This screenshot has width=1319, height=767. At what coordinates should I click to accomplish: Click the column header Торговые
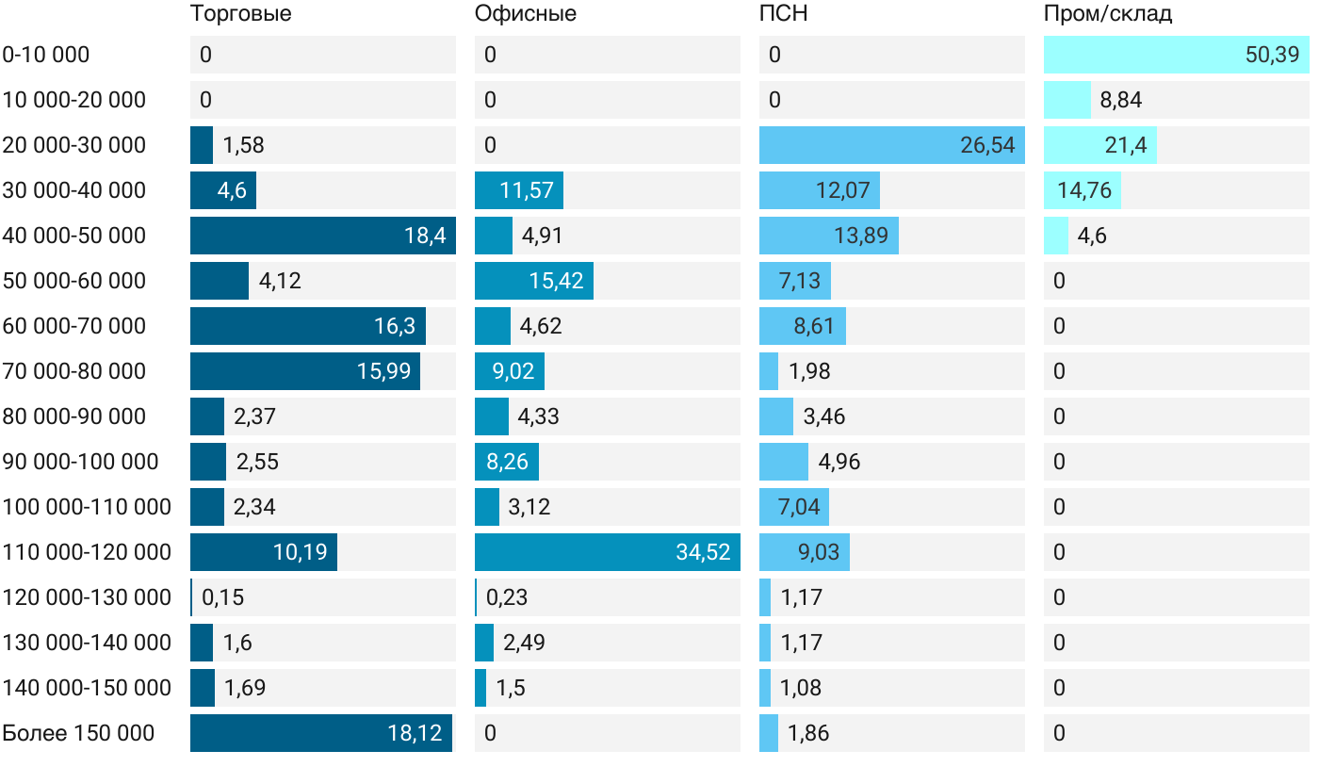(240, 14)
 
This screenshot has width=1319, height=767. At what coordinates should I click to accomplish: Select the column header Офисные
(526, 14)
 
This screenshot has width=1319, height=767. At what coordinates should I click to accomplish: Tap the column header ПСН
(784, 14)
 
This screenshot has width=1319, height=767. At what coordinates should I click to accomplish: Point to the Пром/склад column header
(1108, 14)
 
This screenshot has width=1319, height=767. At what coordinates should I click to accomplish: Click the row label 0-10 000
(46, 55)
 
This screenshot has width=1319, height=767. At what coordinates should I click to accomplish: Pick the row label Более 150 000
(78, 733)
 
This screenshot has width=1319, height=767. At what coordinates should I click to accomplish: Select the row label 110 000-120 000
(87, 552)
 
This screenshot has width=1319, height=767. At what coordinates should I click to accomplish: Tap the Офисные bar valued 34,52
(607, 552)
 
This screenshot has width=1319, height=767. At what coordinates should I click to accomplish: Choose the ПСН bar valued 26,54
(891, 145)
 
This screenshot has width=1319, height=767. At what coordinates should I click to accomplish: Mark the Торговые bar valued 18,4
(322, 236)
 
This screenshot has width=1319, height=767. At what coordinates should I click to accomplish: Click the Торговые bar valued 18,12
(320, 733)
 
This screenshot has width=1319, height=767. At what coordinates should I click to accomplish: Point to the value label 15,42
(556, 281)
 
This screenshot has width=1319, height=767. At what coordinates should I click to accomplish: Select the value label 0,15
(223, 597)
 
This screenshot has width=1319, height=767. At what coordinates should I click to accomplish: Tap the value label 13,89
(860, 236)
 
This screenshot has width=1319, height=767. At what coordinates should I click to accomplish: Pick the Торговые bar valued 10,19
(264, 552)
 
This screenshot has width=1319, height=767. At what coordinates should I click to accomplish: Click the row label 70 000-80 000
(74, 371)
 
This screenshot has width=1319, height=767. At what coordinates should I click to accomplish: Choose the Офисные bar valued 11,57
(519, 190)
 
